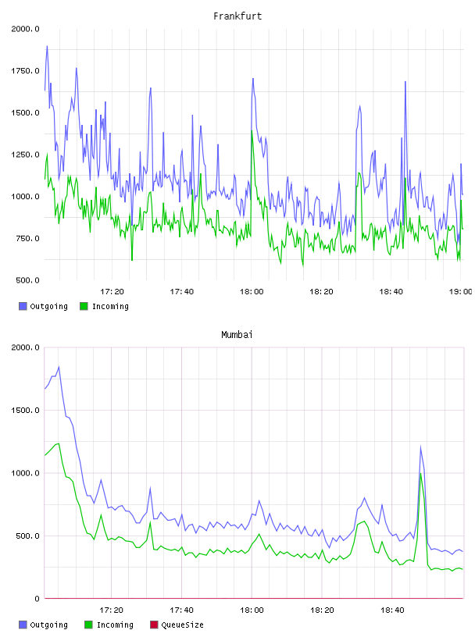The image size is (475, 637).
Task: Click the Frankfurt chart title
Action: pyautogui.click(x=237, y=16)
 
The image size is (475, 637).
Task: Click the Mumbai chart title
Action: pyautogui.click(x=237, y=335)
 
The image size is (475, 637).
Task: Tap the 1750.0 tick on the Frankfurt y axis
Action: pyautogui.click(x=25, y=71)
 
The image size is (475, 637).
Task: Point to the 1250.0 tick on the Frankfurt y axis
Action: pyautogui.click(x=25, y=155)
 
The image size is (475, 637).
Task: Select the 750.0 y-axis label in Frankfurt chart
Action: pyautogui.click(x=27, y=238)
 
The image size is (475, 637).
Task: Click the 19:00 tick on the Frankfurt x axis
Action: pyautogui.click(x=460, y=292)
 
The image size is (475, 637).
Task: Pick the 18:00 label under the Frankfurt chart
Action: pyautogui.click(x=252, y=292)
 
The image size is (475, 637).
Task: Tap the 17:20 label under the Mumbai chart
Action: pyautogui.click(x=112, y=610)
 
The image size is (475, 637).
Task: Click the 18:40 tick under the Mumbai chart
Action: pyautogui.click(x=392, y=610)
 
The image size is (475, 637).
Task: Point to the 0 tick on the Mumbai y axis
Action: pyautogui.click(x=37, y=599)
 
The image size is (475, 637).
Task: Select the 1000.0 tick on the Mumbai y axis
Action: pyautogui.click(x=25, y=473)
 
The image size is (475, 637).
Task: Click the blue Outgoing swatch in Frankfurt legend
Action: pyautogui.click(x=23, y=306)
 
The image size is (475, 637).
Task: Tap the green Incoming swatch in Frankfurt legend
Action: pyautogui.click(x=84, y=306)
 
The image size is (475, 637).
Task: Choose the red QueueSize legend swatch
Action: pyautogui.click(x=154, y=625)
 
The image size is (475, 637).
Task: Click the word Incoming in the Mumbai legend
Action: pyautogui.click(x=115, y=625)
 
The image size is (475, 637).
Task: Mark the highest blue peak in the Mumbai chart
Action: pyautogui.click(x=59, y=367)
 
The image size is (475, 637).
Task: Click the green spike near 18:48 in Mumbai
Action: pyautogui.click(x=421, y=474)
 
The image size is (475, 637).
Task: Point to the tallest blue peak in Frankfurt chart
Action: pyautogui.click(x=47, y=46)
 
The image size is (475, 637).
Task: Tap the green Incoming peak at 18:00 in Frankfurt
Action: pyautogui.click(x=252, y=131)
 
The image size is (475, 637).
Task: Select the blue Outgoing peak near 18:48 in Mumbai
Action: pyautogui.click(x=420, y=447)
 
